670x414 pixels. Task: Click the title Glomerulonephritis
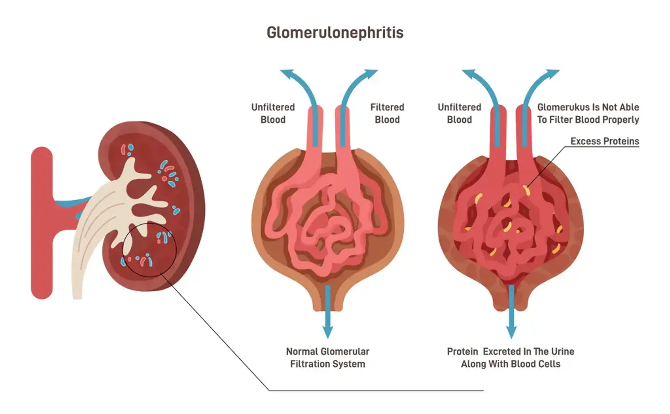pyautogui.click(x=335, y=33)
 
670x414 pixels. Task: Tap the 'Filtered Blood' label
pyautogui.click(x=387, y=113)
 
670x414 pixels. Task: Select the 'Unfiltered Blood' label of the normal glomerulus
pyautogui.click(x=273, y=113)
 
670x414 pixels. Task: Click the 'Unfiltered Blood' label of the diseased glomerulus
pyautogui.click(x=459, y=113)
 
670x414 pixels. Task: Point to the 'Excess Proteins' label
pyautogui.click(x=605, y=141)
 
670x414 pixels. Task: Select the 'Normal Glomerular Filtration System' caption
pyautogui.click(x=328, y=357)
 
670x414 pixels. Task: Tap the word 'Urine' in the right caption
pyautogui.click(x=563, y=352)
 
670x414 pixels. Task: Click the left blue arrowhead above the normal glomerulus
pyautogui.click(x=286, y=74)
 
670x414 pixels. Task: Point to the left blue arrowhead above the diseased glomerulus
pyautogui.click(x=468, y=74)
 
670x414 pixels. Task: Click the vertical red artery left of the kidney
pyautogui.click(x=42, y=223)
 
